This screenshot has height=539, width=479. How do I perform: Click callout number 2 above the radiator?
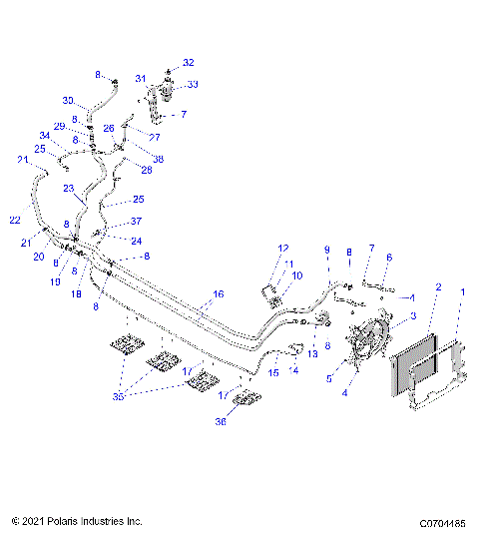point(437,286)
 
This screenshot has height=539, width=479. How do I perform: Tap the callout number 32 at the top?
point(188,62)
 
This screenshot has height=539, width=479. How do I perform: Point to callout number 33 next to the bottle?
point(192,85)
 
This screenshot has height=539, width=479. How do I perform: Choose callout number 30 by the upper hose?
point(68,101)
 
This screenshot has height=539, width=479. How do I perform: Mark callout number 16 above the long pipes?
point(218,295)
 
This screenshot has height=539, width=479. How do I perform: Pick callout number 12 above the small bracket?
point(282,248)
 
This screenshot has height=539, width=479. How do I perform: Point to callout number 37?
point(137,222)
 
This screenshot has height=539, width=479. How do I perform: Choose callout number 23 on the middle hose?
point(68,188)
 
